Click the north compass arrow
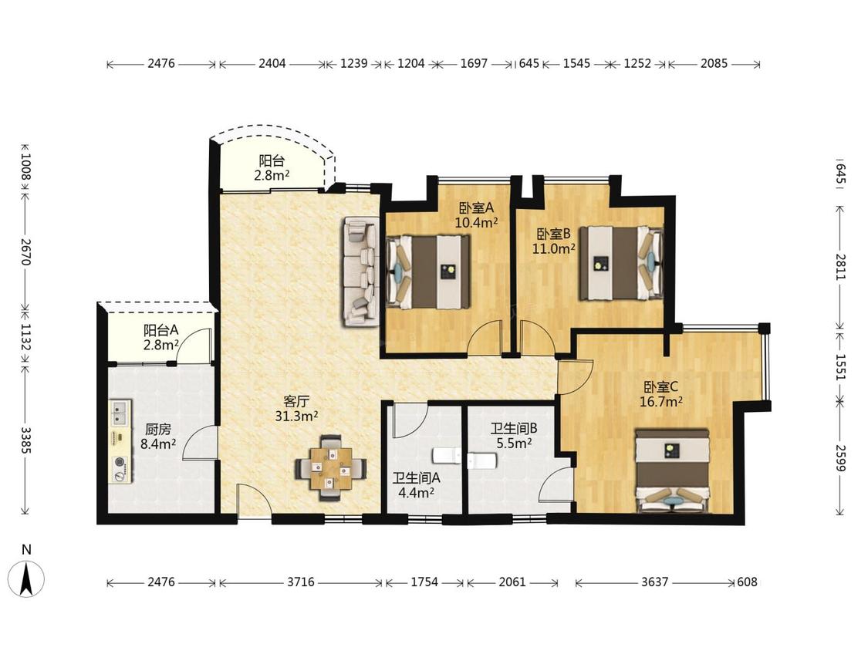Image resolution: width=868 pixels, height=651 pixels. click(x=26, y=578)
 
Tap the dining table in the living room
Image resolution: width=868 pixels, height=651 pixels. click(x=331, y=468)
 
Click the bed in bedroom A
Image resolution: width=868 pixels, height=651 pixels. click(x=428, y=272)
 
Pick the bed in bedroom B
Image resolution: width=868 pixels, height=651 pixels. click(x=621, y=262)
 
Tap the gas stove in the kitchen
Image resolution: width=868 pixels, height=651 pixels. click(x=120, y=468)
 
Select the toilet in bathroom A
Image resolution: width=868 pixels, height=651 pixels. click(x=447, y=455)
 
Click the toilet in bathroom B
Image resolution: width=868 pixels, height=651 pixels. click(x=481, y=460)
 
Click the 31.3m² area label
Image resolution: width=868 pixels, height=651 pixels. click(x=297, y=416)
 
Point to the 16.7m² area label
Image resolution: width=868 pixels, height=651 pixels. click(x=660, y=401)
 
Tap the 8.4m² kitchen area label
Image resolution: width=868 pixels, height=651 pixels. click(x=158, y=444)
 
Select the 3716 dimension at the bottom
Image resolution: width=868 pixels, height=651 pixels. click(x=301, y=582)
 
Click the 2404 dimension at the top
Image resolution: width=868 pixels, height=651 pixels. click(x=272, y=63)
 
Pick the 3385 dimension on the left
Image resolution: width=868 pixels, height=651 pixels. click(x=25, y=440)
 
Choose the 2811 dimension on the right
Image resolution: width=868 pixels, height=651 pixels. click(x=841, y=268)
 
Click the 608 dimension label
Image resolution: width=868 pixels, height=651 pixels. click(x=747, y=582)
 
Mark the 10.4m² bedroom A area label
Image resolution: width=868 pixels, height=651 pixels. click(x=476, y=223)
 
